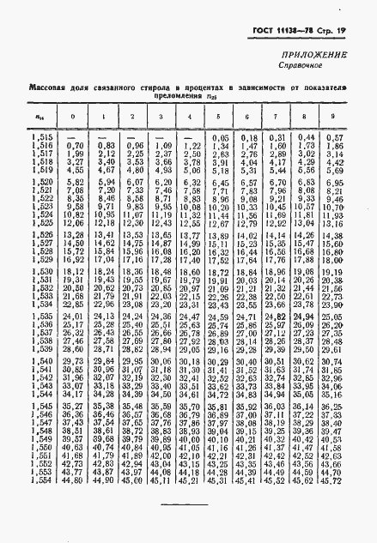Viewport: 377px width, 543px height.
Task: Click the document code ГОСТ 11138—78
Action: click(x=285, y=31)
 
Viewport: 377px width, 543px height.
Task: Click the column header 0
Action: click(x=73, y=118)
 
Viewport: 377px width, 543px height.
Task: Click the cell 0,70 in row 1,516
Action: click(x=74, y=146)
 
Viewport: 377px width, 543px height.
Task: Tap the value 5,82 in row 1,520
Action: click(x=75, y=183)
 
